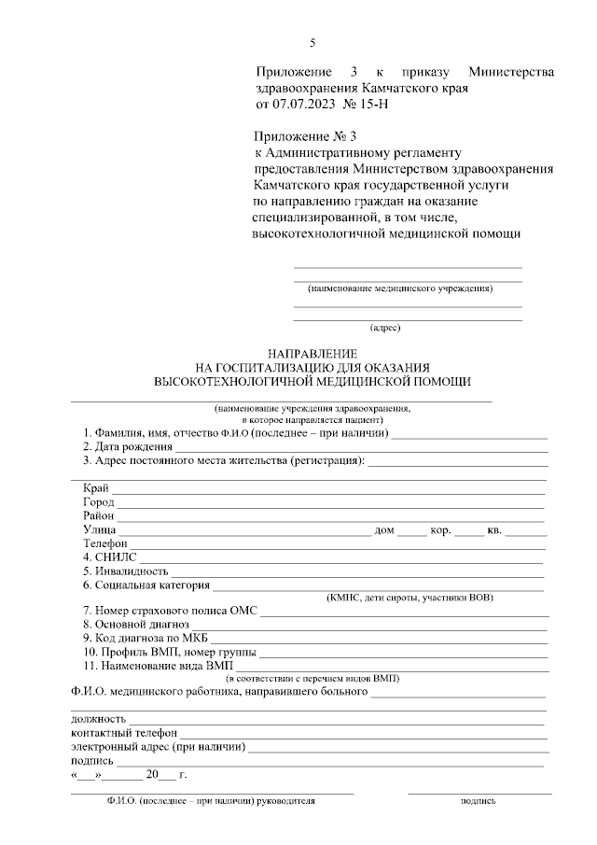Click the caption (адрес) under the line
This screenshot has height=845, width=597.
[385, 328]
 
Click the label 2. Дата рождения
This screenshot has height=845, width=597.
[127, 447]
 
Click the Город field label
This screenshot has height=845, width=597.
[98, 502]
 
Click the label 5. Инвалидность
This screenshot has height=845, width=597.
[125, 570]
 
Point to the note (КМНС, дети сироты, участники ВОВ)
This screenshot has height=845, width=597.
[410, 598]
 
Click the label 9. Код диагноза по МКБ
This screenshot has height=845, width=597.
[141, 638]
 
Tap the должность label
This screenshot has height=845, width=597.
[98, 719]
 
